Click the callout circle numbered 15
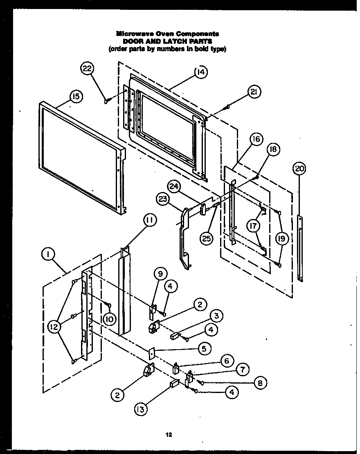click(76, 97)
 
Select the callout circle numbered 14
click(200, 72)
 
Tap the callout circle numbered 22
click(87, 69)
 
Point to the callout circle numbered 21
click(254, 93)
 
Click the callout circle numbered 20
click(299, 168)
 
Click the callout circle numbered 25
click(207, 238)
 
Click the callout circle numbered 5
click(205, 348)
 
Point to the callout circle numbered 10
click(110, 319)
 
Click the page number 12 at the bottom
click(168, 435)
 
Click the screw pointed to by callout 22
click(107, 101)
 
